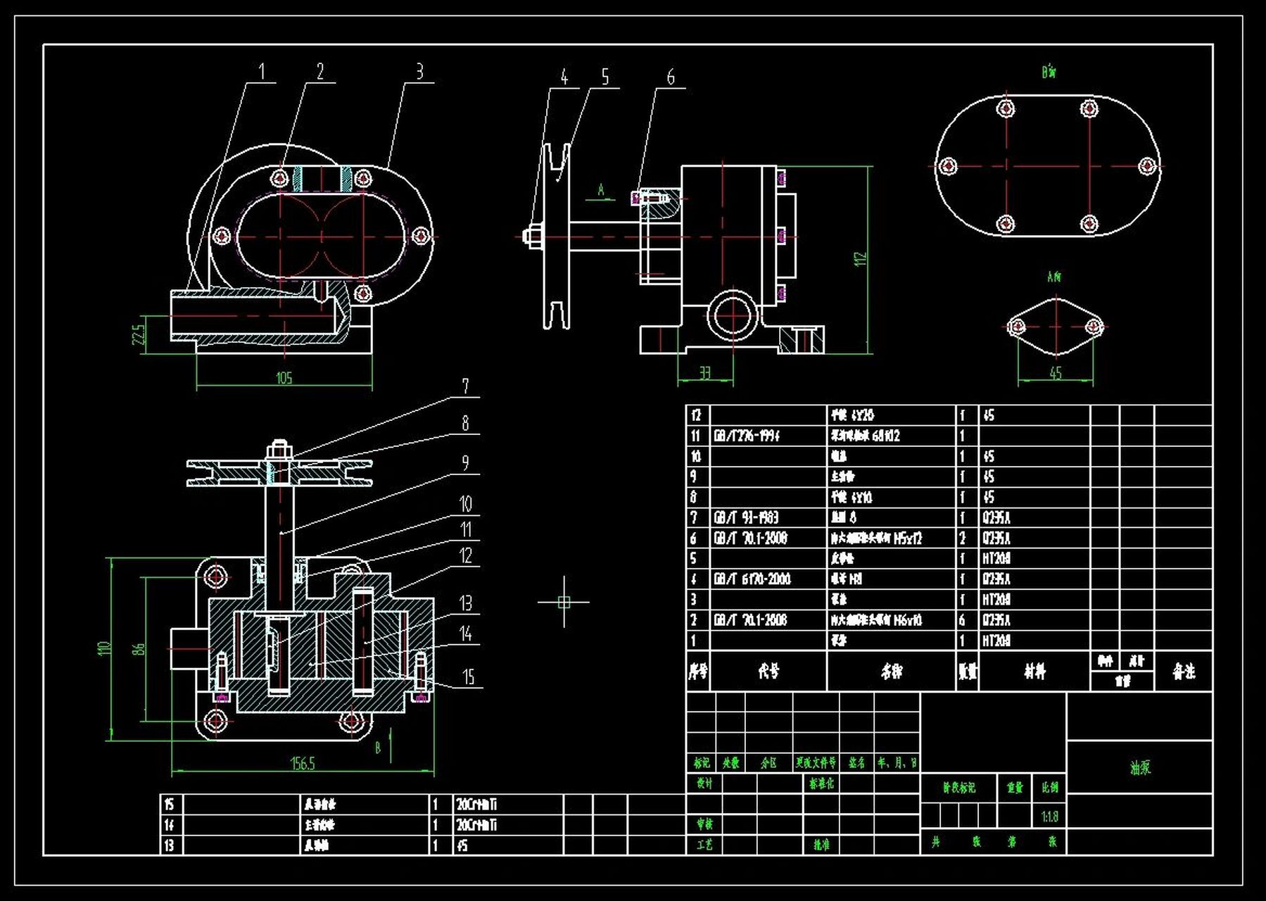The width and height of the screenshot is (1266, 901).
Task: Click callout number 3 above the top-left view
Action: [x=419, y=72]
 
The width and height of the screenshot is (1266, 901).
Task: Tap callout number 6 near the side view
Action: [x=671, y=77]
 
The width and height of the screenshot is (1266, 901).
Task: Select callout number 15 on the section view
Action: [x=468, y=677]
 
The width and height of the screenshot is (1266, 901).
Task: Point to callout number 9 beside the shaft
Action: [x=465, y=462]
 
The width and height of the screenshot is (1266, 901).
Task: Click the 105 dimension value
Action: [x=284, y=379]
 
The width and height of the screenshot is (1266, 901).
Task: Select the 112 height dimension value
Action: [x=860, y=258]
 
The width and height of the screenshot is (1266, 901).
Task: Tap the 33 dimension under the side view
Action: [x=705, y=373]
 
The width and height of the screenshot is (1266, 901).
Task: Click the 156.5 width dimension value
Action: [x=303, y=764]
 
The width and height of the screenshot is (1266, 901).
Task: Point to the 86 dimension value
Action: [x=139, y=648]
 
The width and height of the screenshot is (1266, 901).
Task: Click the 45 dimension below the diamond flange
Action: [x=1055, y=373]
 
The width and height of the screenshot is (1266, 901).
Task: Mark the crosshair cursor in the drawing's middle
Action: [x=564, y=602]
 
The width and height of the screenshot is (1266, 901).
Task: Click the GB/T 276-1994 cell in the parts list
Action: [x=747, y=436]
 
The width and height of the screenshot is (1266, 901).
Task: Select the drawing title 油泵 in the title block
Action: [x=1140, y=768]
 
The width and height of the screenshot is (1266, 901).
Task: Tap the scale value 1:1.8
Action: [x=1049, y=817]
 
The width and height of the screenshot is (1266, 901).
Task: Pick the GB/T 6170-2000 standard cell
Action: [x=752, y=579]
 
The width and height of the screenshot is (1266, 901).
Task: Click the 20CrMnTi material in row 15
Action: [x=476, y=804]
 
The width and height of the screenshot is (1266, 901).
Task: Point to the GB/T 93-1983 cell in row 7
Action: [x=746, y=518]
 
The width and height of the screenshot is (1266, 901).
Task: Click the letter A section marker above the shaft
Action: [x=601, y=190]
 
